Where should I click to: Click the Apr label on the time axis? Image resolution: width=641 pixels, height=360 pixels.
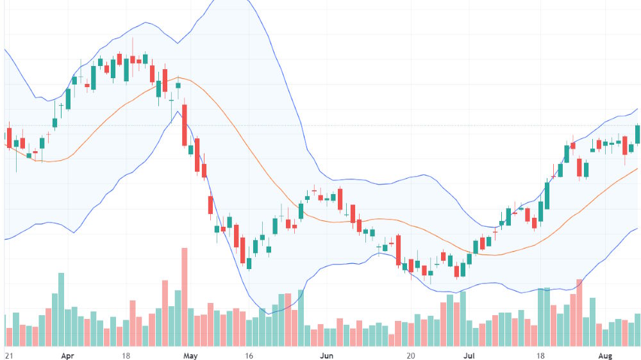pos(67,356)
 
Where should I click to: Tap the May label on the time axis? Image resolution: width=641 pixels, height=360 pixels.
pos(190,356)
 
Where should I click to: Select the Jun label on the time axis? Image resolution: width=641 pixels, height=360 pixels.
pos(326,356)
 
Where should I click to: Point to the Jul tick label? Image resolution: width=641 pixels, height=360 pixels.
pos(469,356)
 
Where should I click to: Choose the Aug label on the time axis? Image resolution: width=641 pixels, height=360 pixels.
pos(605,356)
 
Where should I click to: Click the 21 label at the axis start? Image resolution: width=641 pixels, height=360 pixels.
pos(9,356)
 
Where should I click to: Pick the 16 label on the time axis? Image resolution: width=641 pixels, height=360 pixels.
pos(249,356)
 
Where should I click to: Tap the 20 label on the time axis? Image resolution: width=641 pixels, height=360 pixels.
pos(411,356)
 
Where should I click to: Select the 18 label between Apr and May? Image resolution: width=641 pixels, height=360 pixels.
pos(126,356)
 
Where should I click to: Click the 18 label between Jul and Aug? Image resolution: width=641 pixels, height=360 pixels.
pos(540,356)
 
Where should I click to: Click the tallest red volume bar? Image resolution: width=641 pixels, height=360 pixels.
pos(185,297)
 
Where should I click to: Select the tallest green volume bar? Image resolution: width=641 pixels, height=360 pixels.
pos(62,310)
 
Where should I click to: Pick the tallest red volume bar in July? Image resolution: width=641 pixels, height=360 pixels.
pos(579,313)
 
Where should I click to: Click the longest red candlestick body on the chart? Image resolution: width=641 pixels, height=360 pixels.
pos(185,125)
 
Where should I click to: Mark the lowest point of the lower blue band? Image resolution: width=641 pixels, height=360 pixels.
pos(269,314)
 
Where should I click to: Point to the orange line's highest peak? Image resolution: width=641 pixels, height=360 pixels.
pos(178,77)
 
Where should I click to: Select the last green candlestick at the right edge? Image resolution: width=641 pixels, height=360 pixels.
pos(637,135)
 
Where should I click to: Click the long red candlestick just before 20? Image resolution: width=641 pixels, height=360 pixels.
pos(398,250)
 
